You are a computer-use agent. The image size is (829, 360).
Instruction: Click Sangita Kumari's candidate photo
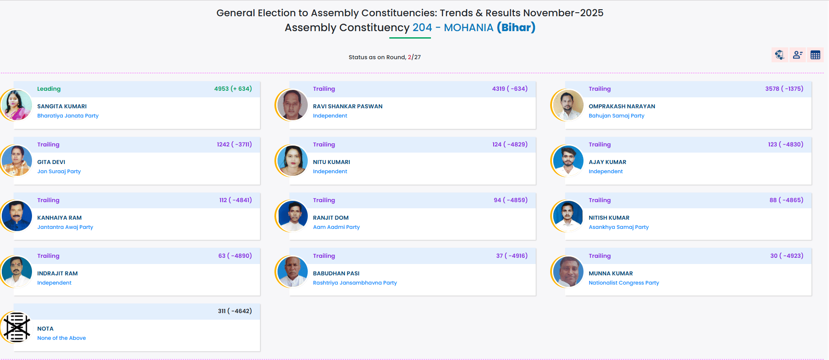17,105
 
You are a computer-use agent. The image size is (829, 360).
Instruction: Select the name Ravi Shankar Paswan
347,107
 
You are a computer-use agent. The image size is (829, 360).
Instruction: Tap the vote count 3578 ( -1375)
784,89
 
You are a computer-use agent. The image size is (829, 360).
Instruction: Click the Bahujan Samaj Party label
616,116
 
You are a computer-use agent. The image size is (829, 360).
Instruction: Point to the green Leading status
49,89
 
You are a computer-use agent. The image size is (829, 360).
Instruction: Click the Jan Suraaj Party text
59,171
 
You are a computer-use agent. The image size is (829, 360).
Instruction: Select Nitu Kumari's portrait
292,161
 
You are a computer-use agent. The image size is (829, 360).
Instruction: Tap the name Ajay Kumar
607,162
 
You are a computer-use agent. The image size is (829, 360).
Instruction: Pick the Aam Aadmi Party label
336,227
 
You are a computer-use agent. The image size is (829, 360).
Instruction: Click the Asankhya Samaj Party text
618,227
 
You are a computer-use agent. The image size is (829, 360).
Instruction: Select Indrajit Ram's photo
17,272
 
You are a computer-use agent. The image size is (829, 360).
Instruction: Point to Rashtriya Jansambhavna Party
355,283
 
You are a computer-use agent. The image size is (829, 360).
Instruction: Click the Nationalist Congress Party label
623,283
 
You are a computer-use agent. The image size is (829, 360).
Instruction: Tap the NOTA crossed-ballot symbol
17,328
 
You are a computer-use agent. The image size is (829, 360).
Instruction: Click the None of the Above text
61,338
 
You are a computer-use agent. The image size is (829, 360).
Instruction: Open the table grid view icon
815,55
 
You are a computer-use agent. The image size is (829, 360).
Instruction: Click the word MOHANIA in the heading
468,28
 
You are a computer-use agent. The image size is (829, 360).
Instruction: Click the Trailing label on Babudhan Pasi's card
324,256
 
